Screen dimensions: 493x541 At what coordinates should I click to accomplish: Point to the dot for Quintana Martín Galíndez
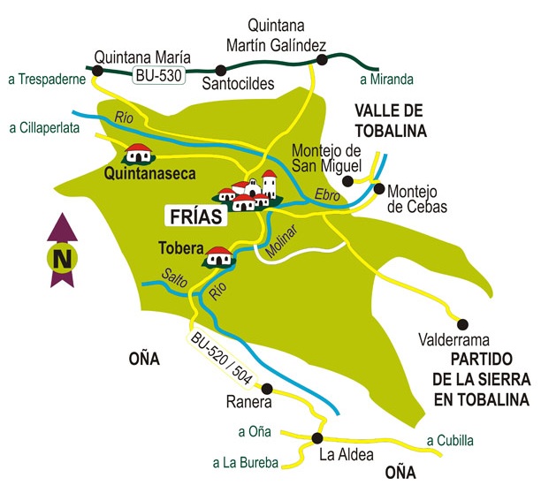(x=321, y=60)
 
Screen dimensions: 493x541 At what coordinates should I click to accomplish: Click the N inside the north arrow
(x=61, y=260)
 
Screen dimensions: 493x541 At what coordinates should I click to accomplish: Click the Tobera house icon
(x=218, y=257)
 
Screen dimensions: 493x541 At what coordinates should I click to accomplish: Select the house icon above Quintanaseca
(x=138, y=154)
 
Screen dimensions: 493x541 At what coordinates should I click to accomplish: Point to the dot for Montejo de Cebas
(x=380, y=188)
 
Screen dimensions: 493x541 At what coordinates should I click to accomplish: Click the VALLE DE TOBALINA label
(x=391, y=121)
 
